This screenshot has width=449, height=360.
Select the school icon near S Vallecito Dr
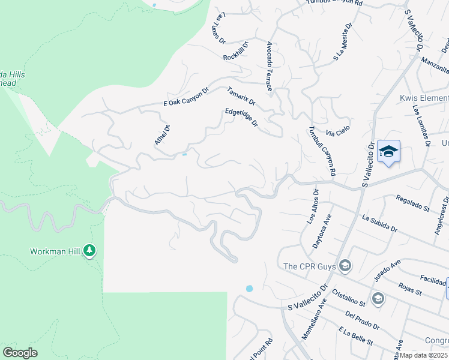pos(388,151)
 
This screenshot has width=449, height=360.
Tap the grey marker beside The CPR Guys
pos(345,265)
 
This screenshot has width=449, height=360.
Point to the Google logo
pos(20,353)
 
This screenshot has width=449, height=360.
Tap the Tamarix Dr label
pos(241,95)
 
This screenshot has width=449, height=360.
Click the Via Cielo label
pos(337,131)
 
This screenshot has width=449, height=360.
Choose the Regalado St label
pos(413,203)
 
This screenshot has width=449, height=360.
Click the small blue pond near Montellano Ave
pos(249,289)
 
